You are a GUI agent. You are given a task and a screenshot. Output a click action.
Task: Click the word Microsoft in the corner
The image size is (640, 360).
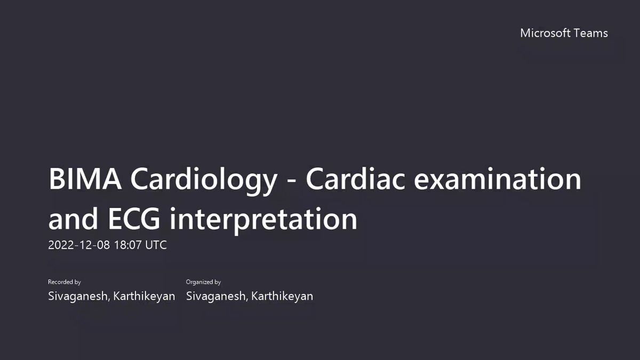(545, 33)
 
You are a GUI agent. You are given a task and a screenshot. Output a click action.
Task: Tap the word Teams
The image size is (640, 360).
(590, 33)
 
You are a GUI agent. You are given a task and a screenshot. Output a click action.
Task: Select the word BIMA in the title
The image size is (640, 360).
(85, 179)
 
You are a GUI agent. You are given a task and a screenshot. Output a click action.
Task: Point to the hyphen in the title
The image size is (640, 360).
(291, 181)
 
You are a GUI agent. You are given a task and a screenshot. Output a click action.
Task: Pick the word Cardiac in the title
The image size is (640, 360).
(355, 179)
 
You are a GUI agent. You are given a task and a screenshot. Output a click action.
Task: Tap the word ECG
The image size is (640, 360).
(134, 219)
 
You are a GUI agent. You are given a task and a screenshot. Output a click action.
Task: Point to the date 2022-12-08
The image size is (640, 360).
(79, 245)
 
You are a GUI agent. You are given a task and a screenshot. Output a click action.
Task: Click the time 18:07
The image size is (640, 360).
(127, 245)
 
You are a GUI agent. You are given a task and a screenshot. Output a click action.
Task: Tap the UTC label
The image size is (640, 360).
(156, 245)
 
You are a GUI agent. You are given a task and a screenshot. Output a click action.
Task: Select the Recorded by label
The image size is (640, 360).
(65, 282)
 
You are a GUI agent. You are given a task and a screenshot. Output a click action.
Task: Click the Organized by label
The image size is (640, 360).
(203, 282)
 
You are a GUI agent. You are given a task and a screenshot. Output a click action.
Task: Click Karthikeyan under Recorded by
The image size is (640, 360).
(144, 297)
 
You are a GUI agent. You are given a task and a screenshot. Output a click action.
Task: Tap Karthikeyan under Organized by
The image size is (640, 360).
(282, 297)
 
